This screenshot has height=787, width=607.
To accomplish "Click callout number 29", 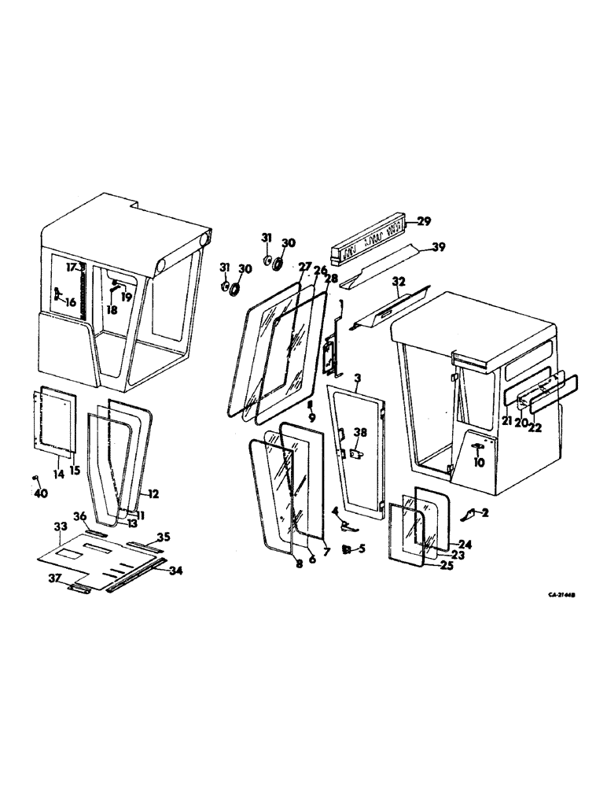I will (423, 222).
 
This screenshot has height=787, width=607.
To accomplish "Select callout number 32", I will (399, 280).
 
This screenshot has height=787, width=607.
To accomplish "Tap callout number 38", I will (359, 432).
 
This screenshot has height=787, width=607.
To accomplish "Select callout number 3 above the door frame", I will (357, 379).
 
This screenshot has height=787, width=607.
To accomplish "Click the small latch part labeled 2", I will (469, 514).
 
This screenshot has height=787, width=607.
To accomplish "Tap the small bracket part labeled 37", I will (80, 587).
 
